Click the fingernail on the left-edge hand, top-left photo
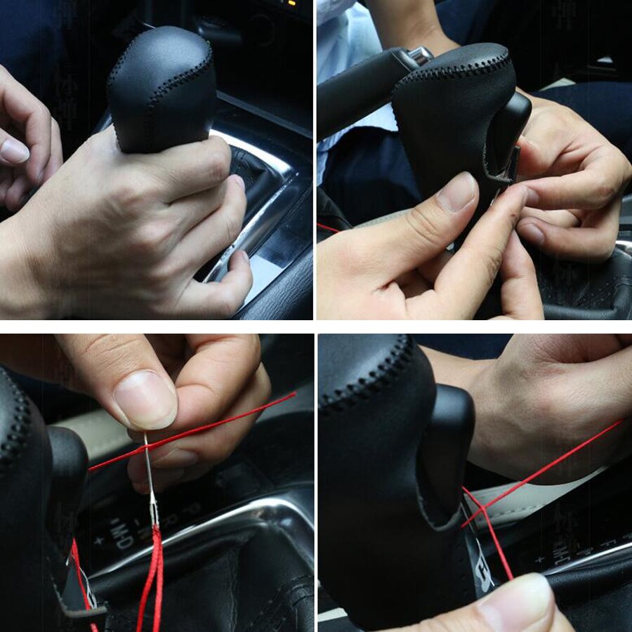click(14, 150)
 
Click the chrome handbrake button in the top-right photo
click(421, 54)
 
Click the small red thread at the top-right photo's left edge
click(327, 228)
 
